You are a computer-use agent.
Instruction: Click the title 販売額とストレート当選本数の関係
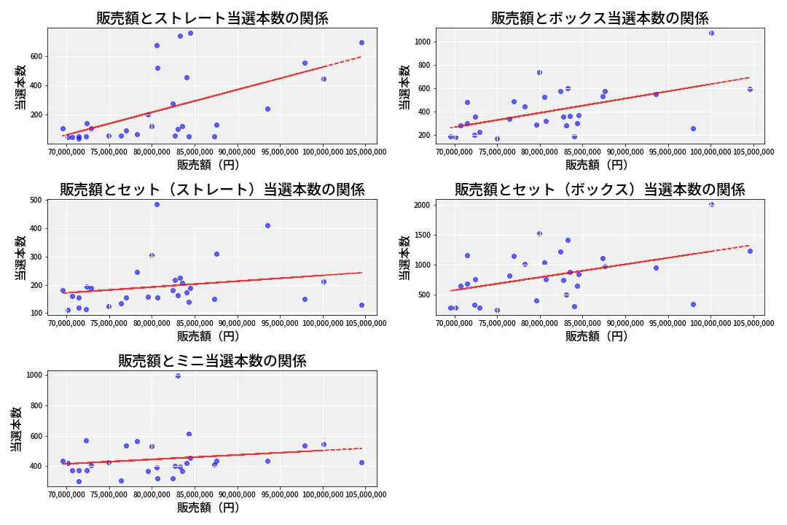(212, 18)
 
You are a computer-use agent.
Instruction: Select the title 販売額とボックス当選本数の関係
(600, 18)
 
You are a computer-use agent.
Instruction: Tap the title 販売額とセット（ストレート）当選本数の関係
(212, 190)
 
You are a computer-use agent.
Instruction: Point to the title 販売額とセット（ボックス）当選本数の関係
(600, 190)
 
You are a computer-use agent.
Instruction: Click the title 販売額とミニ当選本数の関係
(212, 361)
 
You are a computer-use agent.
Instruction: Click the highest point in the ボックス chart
(711, 33)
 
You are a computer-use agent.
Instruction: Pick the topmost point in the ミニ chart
(179, 376)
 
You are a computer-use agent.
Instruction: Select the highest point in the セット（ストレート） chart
(157, 204)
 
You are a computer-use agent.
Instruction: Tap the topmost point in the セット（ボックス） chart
(711, 204)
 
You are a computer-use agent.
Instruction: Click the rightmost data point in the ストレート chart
(362, 43)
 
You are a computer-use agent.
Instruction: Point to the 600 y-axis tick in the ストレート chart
(36, 57)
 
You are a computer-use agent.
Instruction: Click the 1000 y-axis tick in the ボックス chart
(423, 42)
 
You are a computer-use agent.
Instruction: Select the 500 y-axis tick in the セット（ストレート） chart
(36, 200)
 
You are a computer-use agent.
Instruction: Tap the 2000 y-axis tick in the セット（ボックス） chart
(422, 205)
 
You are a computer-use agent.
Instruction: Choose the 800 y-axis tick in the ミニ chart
(36, 406)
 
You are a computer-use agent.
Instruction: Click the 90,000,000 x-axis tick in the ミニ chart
(238, 495)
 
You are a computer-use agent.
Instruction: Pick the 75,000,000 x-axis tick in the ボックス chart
(498, 152)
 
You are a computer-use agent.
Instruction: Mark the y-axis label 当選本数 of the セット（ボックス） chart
(404, 257)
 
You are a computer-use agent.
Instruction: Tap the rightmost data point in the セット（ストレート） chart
(362, 305)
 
